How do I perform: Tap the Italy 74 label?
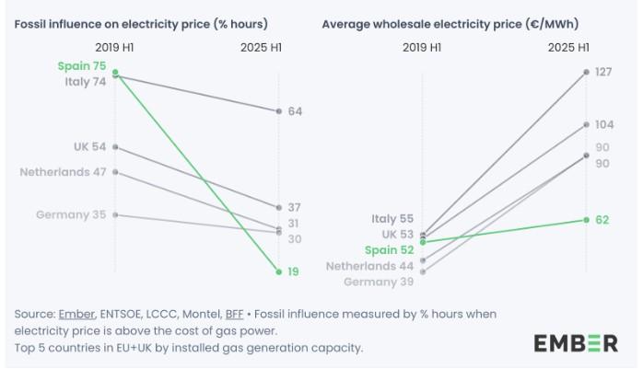pyautogui.click(x=86, y=81)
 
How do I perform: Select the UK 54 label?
pyautogui.click(x=90, y=146)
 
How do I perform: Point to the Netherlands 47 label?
pyautogui.click(x=64, y=171)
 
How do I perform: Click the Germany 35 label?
pyautogui.click(x=72, y=214)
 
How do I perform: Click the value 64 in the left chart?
pyautogui.click(x=295, y=111)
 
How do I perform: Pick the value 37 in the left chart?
pyautogui.click(x=295, y=207)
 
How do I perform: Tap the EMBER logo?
pyautogui.click(x=575, y=343)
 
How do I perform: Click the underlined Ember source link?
pyautogui.click(x=75, y=314)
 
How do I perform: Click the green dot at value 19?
pyautogui.click(x=277, y=271)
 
